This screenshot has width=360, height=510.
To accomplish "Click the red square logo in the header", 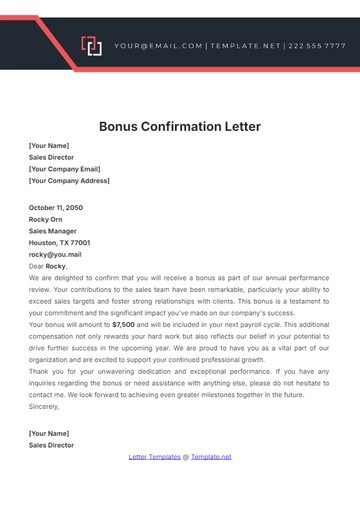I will (91, 46).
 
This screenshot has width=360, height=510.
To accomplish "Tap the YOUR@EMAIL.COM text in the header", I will (158, 46).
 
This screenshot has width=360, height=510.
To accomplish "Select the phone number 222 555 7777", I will (319, 46).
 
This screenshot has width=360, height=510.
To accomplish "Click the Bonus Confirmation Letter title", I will (180, 127).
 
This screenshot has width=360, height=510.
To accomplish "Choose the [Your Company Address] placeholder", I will (70, 181).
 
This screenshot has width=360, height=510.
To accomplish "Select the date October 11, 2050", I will (56, 207).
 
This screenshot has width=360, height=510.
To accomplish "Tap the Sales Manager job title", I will (55, 231).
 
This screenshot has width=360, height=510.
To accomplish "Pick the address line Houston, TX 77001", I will (60, 243).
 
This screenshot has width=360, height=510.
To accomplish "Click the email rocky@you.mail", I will (55, 255).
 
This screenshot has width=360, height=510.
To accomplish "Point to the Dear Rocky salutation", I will (48, 267).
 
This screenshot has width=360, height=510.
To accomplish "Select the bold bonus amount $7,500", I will (123, 325).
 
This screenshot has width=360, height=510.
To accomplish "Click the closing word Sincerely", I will (45, 407).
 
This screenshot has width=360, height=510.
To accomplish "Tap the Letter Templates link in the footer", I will (155, 457).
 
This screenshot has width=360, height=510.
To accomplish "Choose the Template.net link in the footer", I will (211, 457).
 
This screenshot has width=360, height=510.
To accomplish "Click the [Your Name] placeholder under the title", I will (49, 145).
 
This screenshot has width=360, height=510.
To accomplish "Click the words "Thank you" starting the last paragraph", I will (45, 372).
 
